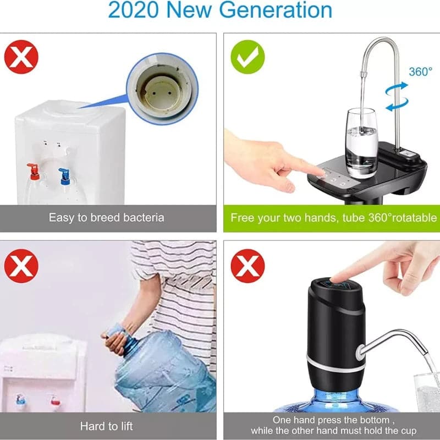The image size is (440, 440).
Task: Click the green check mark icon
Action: [x=248, y=57]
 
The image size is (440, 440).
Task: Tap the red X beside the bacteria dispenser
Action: [x=21, y=57]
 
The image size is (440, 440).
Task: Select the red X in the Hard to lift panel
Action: [x=21, y=266]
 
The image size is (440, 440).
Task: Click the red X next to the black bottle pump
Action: [x=248, y=266]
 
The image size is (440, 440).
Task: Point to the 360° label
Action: [x=420, y=72]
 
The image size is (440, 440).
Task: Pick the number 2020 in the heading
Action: [x=133, y=10]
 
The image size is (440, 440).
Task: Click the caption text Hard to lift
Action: [x=106, y=426]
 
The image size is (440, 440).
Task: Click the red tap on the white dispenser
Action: [x=34, y=171]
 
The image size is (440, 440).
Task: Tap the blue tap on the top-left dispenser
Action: [x=65, y=177]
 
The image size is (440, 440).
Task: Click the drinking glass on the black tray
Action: [x=361, y=143]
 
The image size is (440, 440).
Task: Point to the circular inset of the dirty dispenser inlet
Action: [x=162, y=89]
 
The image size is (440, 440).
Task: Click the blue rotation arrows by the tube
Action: [x=397, y=97]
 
